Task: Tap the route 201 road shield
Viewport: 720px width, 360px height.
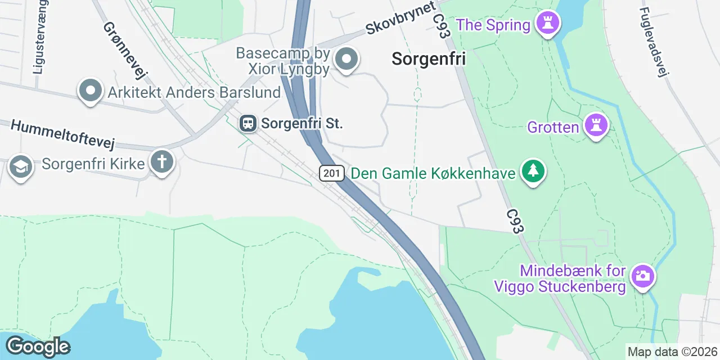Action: (332, 173)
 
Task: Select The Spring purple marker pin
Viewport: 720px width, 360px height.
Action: (545, 24)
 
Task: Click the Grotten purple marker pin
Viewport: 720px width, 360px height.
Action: (595, 125)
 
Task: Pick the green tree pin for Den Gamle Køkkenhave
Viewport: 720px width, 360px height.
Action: (532, 172)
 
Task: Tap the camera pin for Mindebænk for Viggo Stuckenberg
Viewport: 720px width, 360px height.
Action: (641, 276)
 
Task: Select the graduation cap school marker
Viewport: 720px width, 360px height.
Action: (20, 167)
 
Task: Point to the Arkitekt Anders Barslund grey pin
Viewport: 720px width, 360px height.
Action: (90, 91)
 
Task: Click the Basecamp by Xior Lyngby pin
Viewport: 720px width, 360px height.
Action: (346, 58)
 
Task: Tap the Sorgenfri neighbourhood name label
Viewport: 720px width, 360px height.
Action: (429, 58)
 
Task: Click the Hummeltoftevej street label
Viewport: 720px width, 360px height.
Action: (62, 134)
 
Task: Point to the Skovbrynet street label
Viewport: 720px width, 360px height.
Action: (400, 17)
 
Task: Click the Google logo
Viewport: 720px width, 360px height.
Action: (38, 346)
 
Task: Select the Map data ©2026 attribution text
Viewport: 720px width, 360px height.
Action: (673, 352)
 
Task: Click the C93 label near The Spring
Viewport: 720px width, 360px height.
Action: (442, 26)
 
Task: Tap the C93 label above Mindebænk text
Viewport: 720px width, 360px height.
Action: (515, 222)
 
